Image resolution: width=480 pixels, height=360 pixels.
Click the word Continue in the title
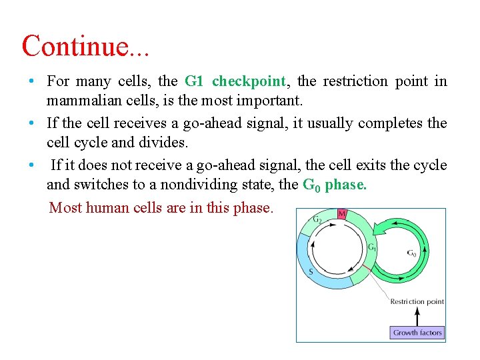coord(74,46)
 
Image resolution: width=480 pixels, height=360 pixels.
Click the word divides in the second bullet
coord(135,143)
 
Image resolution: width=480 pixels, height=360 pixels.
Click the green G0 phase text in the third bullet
coord(334,185)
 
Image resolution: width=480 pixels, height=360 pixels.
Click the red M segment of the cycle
coord(341,214)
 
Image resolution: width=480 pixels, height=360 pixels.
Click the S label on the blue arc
coord(311,271)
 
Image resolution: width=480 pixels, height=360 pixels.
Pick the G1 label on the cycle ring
coord(372,247)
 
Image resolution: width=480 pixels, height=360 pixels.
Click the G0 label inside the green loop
coord(413,253)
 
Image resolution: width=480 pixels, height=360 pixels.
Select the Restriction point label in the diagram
coord(417,301)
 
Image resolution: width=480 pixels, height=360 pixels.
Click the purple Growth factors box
coord(417,332)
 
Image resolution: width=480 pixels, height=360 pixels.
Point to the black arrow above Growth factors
coord(417,315)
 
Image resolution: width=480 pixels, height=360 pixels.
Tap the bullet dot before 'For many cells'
coord(31,81)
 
